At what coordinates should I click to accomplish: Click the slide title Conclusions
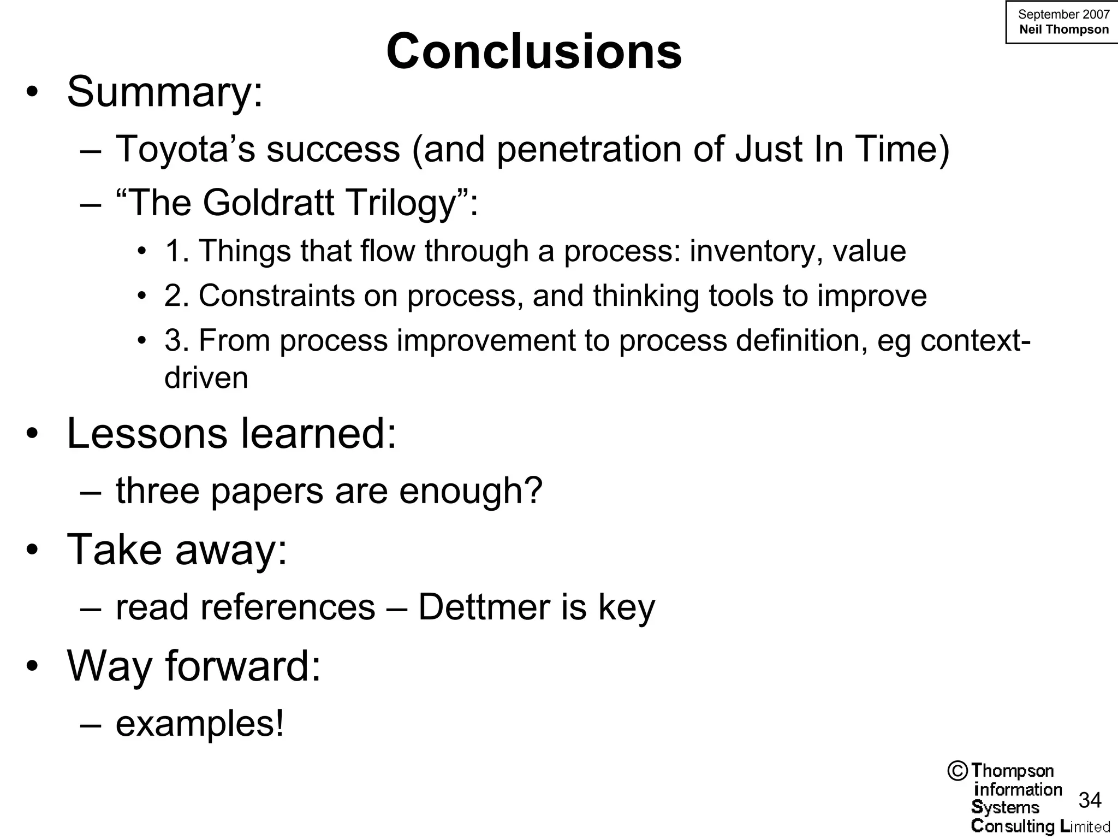click(x=534, y=52)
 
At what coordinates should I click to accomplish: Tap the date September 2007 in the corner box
click(x=1063, y=15)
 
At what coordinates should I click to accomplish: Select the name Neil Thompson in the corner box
click(x=1064, y=29)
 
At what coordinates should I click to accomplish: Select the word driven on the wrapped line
click(x=206, y=378)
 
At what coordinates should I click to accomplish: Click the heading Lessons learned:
click(x=231, y=434)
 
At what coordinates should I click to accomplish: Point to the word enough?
click(x=471, y=491)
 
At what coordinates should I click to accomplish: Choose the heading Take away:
click(x=177, y=550)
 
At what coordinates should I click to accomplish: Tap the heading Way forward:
click(x=194, y=666)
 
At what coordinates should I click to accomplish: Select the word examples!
click(x=200, y=724)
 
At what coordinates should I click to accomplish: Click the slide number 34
click(x=1090, y=800)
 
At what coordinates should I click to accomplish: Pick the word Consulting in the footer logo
click(x=1013, y=826)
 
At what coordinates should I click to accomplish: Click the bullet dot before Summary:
click(x=32, y=92)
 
